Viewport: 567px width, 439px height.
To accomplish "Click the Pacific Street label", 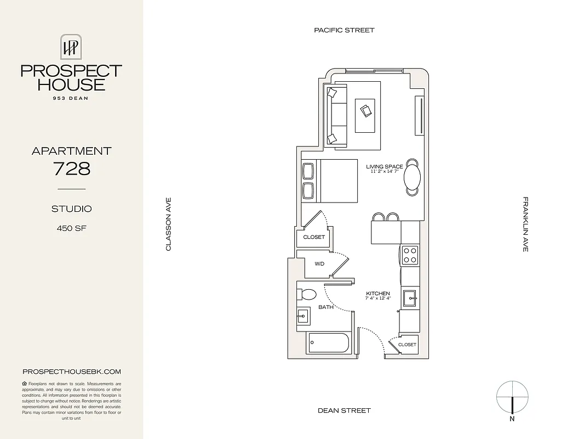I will pyautogui.click(x=344, y=30).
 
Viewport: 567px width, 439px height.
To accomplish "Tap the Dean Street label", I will pyautogui.click(x=344, y=410).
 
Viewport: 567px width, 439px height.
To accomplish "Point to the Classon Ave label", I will pyautogui.click(x=169, y=224).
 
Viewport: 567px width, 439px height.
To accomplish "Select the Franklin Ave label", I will pyautogui.click(x=525, y=224).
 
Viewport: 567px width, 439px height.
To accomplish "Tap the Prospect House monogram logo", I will pyautogui.click(x=71, y=47).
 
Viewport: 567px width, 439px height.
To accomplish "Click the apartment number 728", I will pyautogui.click(x=71, y=168).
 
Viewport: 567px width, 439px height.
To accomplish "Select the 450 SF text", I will pyautogui.click(x=71, y=228).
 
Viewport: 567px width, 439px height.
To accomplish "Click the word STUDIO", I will pyautogui.click(x=71, y=209).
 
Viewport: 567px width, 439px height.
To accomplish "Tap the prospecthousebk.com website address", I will pyautogui.click(x=71, y=372).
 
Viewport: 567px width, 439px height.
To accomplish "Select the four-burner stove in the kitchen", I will pyautogui.click(x=410, y=254).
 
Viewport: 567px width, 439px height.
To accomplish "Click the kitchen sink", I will pyautogui.click(x=410, y=299).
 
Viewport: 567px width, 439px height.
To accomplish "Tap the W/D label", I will pyautogui.click(x=319, y=264).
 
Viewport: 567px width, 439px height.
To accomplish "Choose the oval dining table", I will pyautogui.click(x=413, y=177).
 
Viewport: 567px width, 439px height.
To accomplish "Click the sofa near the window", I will pyautogui.click(x=336, y=116).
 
